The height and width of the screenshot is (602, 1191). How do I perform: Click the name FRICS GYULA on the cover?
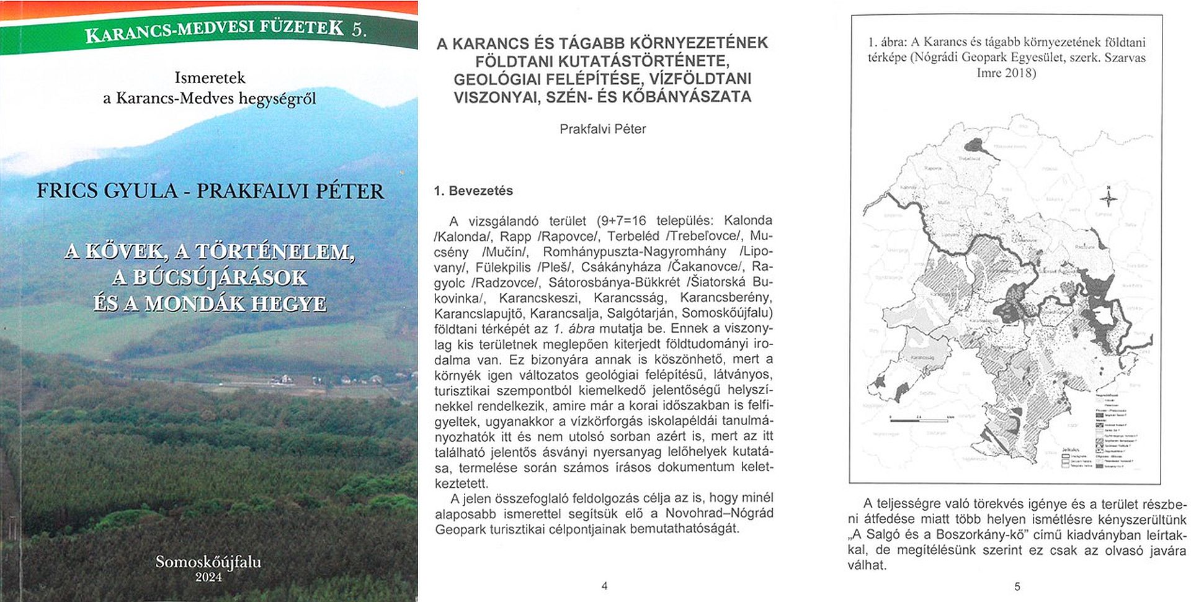(x=107, y=191)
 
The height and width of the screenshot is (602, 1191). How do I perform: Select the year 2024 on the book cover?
(x=208, y=577)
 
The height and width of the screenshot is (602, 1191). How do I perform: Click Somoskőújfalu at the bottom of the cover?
(x=208, y=562)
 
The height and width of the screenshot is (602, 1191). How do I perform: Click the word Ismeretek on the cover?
(x=210, y=78)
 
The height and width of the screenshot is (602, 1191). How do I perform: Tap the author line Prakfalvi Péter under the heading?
(x=602, y=129)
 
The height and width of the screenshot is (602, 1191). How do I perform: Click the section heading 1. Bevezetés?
(x=473, y=191)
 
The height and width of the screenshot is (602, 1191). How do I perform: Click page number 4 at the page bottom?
(x=604, y=586)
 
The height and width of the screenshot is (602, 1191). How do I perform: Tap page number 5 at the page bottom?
(x=1017, y=586)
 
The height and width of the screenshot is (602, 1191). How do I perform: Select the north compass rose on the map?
(x=1108, y=198)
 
